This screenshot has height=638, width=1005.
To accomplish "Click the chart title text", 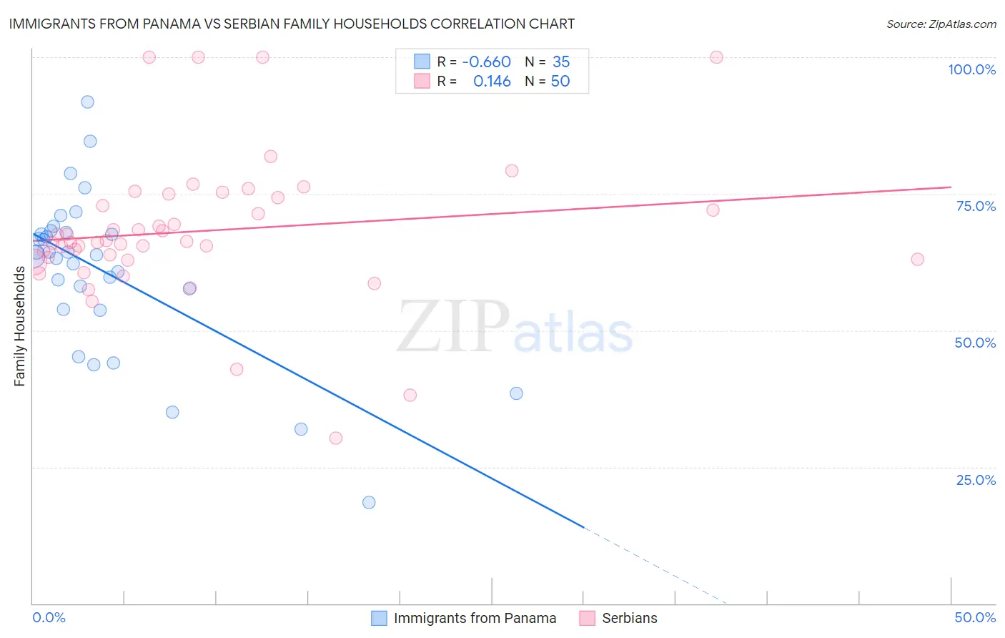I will [x=292, y=24].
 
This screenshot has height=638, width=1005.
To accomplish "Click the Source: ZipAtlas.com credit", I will [x=941, y=24].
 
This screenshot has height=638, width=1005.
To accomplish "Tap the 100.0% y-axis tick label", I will [x=971, y=69].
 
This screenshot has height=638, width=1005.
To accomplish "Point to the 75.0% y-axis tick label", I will [x=976, y=206].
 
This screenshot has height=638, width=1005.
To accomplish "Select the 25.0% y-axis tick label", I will [x=976, y=480].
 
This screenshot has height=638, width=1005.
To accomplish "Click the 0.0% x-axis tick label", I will [x=49, y=617].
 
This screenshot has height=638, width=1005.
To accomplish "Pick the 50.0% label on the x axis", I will [x=975, y=617].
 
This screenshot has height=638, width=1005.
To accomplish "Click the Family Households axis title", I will [x=20, y=326].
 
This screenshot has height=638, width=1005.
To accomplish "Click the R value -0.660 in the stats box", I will [x=486, y=62].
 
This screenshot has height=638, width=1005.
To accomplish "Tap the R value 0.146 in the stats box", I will [x=492, y=82].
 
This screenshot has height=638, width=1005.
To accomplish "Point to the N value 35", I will [x=561, y=62].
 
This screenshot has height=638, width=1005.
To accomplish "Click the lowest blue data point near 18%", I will [x=369, y=502].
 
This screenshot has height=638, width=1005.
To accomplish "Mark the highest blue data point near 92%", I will [x=87, y=102].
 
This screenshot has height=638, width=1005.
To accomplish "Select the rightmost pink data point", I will [x=917, y=259].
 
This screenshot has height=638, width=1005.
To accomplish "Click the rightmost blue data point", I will [x=516, y=393].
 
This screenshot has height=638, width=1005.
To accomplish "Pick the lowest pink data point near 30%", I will [x=336, y=438].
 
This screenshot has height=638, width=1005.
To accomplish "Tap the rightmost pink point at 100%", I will [x=716, y=57].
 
